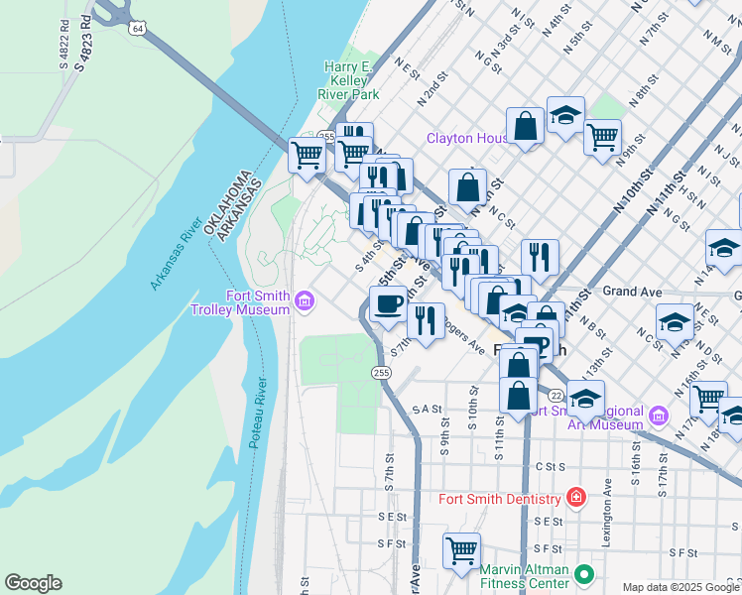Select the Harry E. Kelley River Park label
pos(351,80)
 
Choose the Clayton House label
pos(466,138)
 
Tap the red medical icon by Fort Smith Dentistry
pos(574,497)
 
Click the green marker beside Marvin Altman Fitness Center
pos(585,574)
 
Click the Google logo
pos(33,583)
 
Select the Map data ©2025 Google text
pos(680,587)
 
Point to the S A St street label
pos(428,408)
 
